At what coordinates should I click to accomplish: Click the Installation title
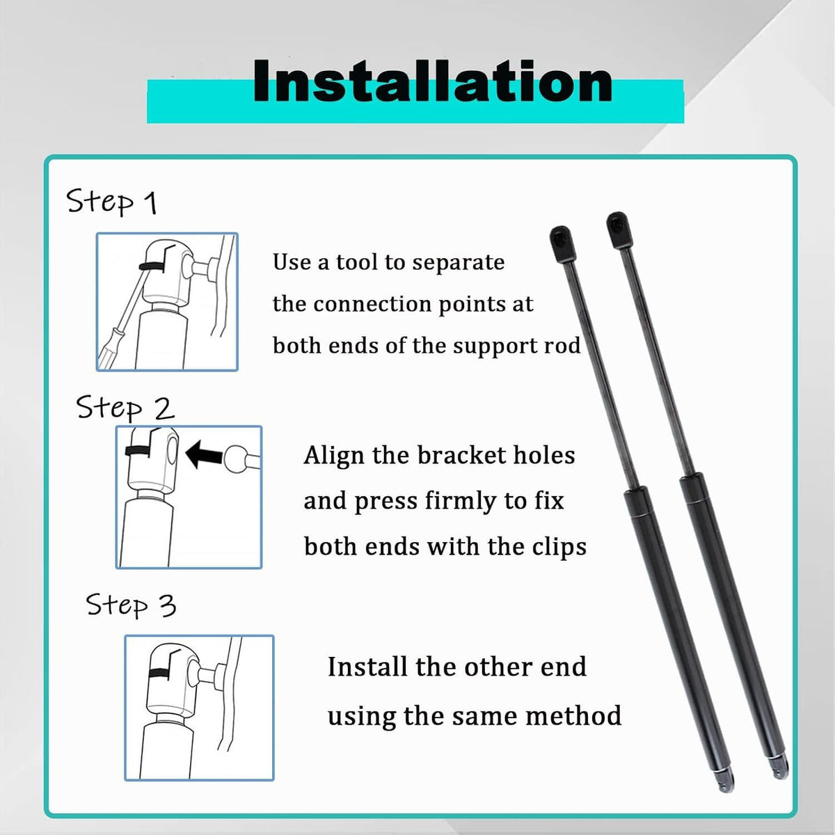pyautogui.click(x=432, y=81)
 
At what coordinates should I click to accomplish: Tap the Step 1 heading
pyautogui.click(x=111, y=201)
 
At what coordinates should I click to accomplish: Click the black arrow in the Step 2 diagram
pyautogui.click(x=204, y=454)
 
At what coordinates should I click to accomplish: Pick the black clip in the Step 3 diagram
pyautogui.click(x=159, y=673)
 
